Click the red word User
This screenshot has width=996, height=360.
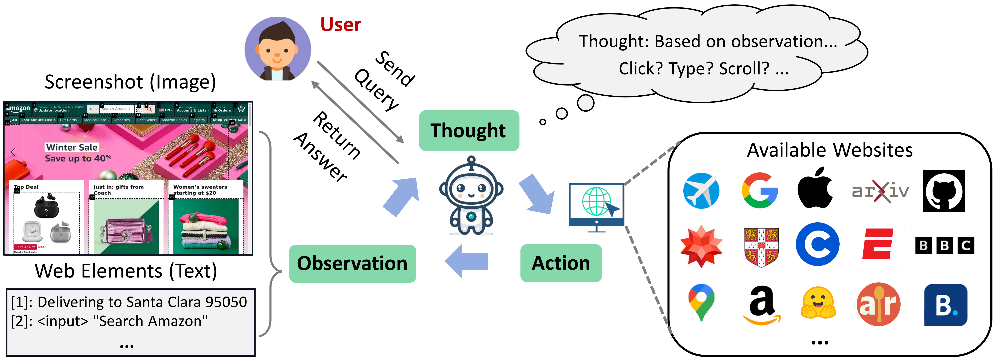[x=340, y=25]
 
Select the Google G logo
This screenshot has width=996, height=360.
[x=759, y=191]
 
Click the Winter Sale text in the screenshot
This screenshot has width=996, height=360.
[x=72, y=147]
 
